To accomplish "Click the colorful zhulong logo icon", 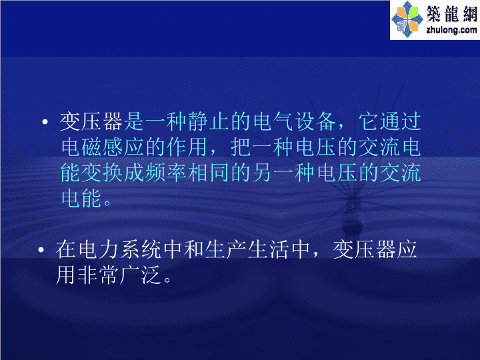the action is coord(407,19).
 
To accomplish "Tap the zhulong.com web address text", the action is coord(451,30).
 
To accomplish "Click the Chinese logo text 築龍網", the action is coord(452,14).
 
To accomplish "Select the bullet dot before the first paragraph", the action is coord(45,122).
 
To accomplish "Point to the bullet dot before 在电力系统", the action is coord(41,250).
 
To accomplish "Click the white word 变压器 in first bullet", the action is coord(91,122).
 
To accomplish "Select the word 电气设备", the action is coord(295,122).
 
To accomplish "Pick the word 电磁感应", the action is coord(103,147).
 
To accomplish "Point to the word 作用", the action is coord(187,147).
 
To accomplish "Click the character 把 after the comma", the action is coord(241,147).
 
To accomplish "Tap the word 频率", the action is coord(166,173).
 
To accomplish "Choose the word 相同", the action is coord(209,173).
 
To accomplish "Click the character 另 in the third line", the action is coord(262,173).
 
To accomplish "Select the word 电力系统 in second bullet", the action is coord(119,250).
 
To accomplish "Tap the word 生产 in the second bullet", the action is coord(225,250).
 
